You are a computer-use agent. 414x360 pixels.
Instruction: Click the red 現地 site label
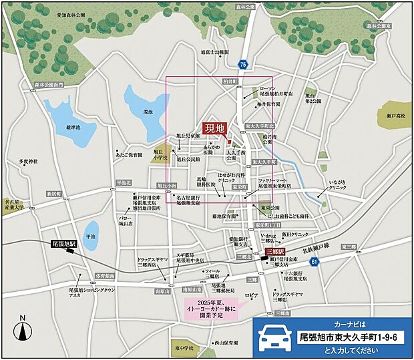pyautogui.click(x=216, y=128)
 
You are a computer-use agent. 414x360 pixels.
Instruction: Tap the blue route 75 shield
pyautogui.click(x=242, y=64)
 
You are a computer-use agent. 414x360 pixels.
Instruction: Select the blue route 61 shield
pyautogui.click(x=315, y=262)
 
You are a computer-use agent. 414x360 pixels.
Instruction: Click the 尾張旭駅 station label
pyautogui.click(x=65, y=244)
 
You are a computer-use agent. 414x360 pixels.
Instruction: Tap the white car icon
pyautogui.click(x=274, y=337)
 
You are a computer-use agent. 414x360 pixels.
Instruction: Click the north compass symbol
pyautogui.click(x=23, y=329)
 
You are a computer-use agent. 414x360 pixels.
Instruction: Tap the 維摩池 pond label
pyautogui.click(x=73, y=127)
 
